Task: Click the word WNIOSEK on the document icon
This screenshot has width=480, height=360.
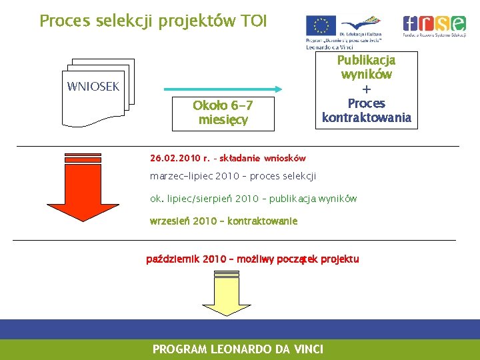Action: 93,86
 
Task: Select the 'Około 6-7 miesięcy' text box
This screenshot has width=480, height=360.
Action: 223,113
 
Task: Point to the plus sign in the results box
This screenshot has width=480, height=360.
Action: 366,89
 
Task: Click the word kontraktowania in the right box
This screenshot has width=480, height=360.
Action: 367,118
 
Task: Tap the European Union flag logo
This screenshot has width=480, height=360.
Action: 321,25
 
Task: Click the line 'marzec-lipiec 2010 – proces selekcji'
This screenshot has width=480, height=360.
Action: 233,176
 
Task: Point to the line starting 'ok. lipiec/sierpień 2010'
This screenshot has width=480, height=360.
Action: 253,199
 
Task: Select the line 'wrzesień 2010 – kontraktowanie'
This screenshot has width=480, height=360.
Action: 224,221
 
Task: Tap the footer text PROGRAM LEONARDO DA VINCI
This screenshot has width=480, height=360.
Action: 238,349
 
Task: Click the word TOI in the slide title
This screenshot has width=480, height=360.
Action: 252,21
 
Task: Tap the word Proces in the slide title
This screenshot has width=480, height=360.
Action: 63,21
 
